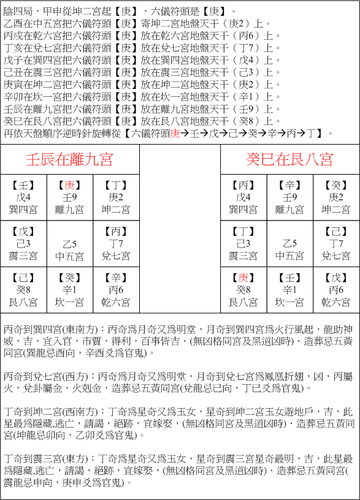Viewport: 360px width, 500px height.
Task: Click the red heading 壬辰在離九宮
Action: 69,160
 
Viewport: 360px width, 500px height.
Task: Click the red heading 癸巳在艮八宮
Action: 289,160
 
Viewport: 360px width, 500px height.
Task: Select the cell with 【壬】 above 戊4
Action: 23,197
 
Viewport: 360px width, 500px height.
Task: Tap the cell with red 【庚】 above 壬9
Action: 69,197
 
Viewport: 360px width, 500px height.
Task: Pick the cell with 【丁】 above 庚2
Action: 115,197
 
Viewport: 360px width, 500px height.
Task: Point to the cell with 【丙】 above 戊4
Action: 243,197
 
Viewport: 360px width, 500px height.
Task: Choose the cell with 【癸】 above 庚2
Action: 336,197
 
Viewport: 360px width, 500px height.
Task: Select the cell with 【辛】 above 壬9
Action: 289,197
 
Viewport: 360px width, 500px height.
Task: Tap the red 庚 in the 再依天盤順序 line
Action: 175,133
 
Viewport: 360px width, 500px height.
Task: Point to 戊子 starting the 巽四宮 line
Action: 13,60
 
